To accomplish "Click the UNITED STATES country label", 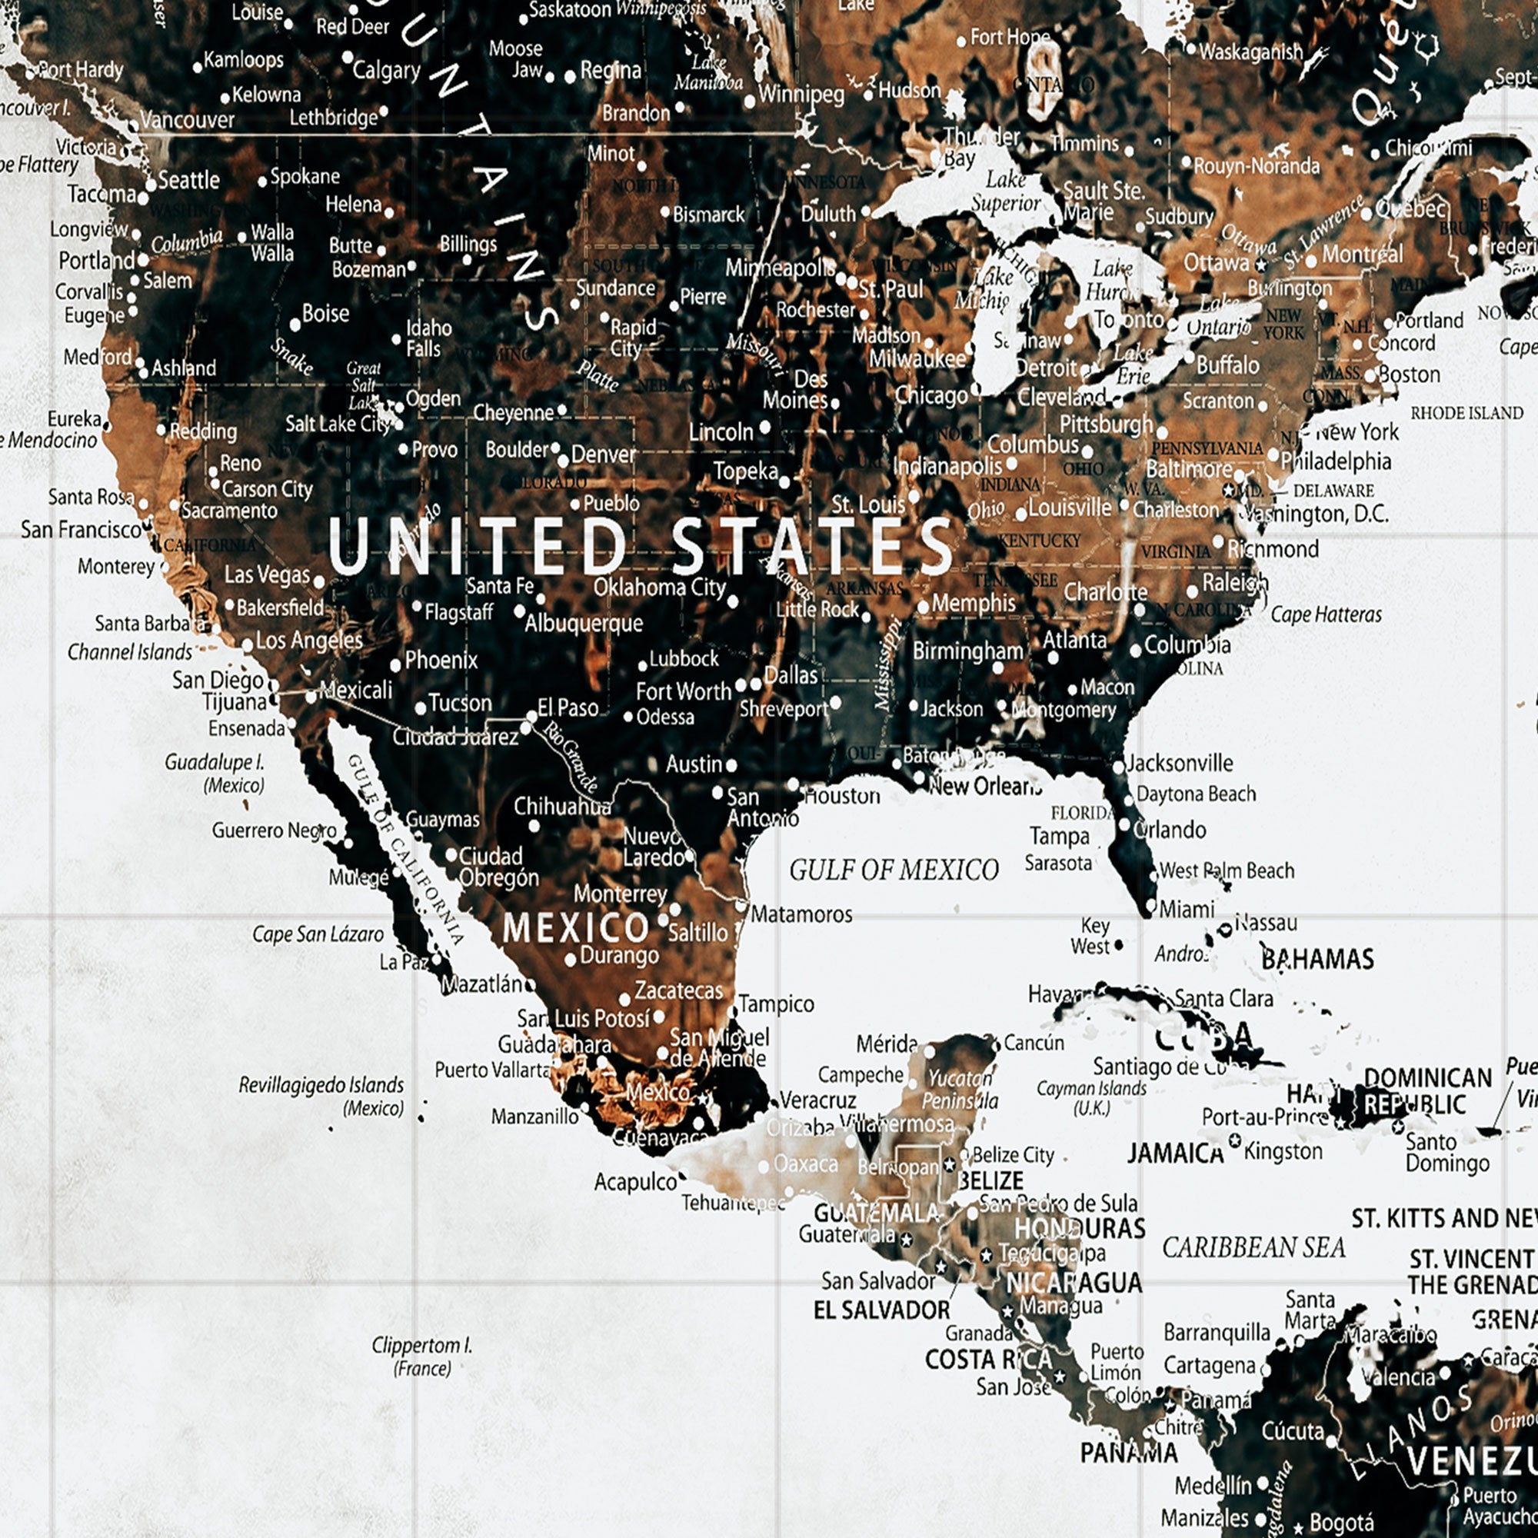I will (641, 545).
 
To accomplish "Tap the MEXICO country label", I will (576, 927).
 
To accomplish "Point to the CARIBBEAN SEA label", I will (1253, 1247).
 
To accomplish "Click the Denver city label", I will (603, 454).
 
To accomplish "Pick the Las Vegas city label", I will (267, 574).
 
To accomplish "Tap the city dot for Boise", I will (295, 325).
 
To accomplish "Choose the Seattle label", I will (188, 180).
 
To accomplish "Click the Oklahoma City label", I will (659, 588).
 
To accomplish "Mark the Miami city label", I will (1186, 908).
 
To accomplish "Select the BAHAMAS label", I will (1317, 958).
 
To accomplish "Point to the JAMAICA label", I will (1175, 1153).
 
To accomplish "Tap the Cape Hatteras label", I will (1326, 614).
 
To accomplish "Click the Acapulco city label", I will (635, 1182).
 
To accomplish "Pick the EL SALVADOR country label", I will (881, 1310).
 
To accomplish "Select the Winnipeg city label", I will (801, 94).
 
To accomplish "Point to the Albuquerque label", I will (584, 623).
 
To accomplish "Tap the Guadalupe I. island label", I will (214, 762).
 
